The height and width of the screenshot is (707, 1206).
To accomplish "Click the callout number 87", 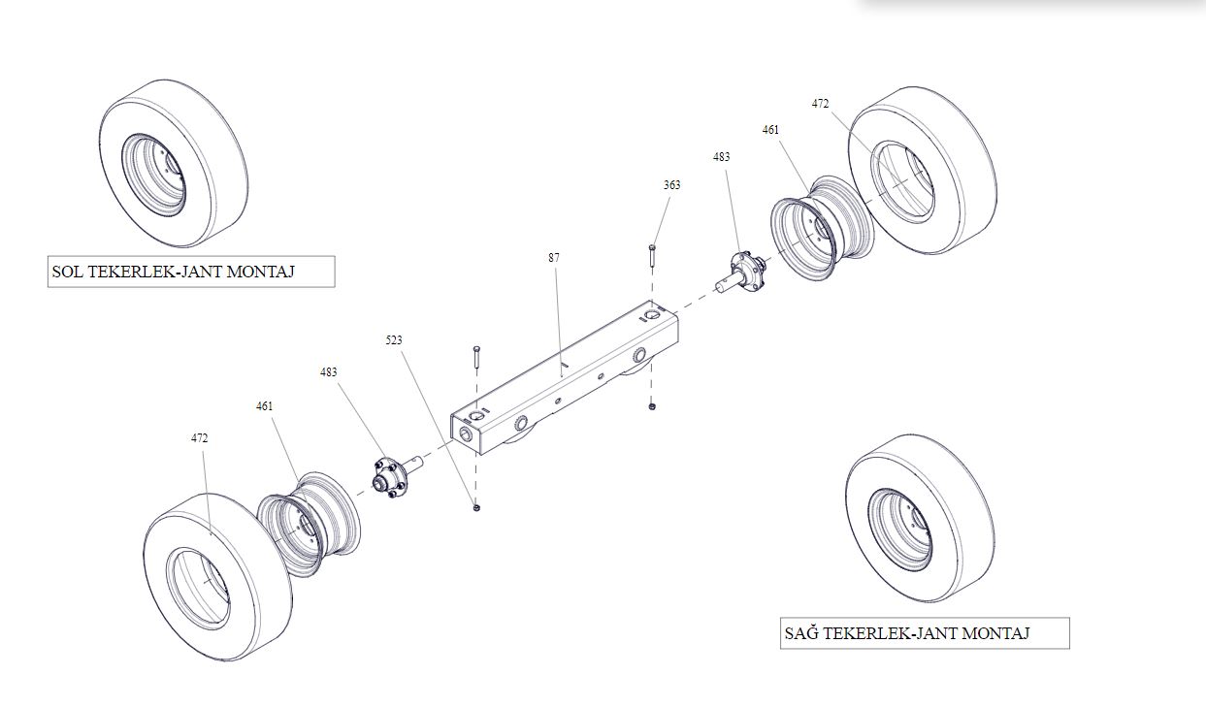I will (553, 258).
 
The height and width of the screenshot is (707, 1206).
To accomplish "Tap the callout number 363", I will (671, 185).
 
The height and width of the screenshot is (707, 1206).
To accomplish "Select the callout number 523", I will (393, 340).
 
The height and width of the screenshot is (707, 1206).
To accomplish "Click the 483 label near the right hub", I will (721, 156).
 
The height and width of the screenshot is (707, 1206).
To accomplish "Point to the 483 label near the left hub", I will (329, 372).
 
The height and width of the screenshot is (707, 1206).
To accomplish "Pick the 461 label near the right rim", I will (770, 130).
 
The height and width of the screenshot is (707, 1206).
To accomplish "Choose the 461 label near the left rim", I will (265, 406).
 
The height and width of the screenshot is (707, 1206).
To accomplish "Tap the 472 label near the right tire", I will (820, 104).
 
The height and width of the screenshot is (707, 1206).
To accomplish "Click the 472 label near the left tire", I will (199, 438).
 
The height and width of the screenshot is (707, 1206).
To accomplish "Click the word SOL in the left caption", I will (67, 273).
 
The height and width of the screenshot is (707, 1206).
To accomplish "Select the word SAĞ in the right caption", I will (801, 634).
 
